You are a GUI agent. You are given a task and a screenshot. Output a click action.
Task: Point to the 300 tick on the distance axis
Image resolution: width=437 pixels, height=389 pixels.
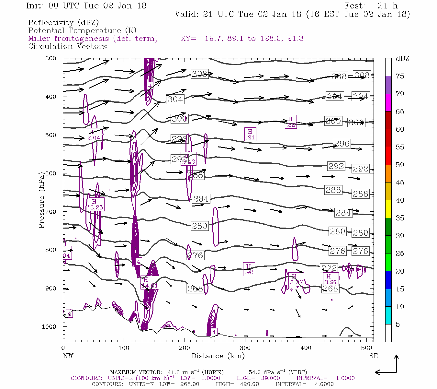[245, 348]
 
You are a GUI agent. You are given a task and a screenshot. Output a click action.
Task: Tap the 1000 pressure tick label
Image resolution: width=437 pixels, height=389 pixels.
[49, 327]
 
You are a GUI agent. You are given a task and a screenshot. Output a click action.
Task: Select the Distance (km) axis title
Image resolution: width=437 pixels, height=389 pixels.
[218, 356]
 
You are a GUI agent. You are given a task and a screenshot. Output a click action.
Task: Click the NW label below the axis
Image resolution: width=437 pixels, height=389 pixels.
[68, 356]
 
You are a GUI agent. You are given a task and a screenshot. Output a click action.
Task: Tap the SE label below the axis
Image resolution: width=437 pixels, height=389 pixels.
[373, 356]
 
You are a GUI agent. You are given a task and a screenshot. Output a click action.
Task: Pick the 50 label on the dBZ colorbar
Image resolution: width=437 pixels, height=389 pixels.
[400, 165]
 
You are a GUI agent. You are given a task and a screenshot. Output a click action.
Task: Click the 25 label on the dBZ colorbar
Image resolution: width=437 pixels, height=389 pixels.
[400, 253]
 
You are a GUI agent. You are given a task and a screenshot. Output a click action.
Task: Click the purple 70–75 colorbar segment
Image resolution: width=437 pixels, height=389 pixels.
[388, 85]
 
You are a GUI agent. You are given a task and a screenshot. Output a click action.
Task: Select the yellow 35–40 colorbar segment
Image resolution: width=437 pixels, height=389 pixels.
[388, 209]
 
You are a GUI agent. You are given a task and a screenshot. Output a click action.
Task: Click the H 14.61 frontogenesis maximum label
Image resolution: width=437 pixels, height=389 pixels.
[150, 283]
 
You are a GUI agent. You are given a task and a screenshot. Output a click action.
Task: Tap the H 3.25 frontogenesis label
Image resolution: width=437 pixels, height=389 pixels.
[96, 205]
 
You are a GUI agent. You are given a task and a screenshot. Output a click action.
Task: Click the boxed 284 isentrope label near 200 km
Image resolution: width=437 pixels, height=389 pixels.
[201, 199]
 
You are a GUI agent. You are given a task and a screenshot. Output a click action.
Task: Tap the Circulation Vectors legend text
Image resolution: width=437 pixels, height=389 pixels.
[67, 46]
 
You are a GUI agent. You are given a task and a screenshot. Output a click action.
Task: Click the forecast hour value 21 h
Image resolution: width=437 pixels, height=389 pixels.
[387, 6]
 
